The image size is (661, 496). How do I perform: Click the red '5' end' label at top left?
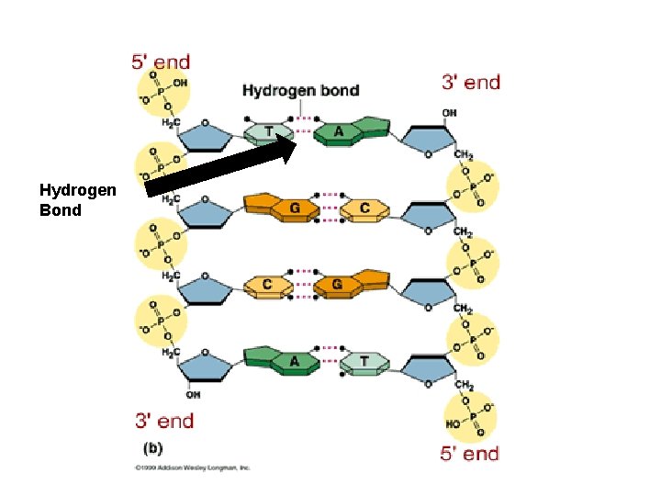161,62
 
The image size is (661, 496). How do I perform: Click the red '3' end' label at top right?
471,82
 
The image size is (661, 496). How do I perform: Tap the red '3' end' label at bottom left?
164,421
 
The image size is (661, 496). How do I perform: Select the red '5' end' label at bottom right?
469,453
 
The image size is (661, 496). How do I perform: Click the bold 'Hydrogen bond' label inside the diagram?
300,90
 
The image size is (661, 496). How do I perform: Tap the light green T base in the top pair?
269,132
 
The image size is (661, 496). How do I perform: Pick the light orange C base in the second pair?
364,209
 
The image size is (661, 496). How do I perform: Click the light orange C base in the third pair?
268,285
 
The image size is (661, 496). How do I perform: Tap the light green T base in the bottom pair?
364,361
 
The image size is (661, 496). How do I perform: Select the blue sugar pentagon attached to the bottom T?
427,366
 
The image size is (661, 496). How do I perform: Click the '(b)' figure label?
152,450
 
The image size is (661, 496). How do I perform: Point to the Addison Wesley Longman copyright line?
192,468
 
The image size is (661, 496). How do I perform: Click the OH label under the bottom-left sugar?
192,395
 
